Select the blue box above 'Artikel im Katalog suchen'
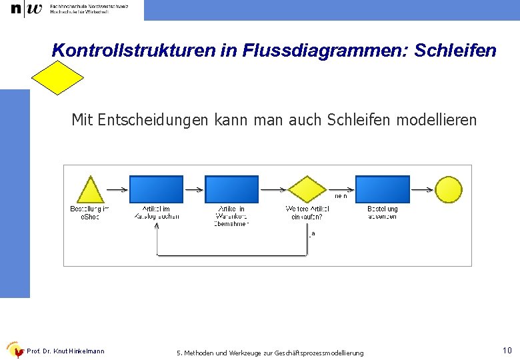point(156,189)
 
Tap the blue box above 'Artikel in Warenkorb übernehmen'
point(231,189)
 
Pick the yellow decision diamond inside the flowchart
point(307,189)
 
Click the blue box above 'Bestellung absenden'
point(382,189)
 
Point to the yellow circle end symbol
point(448,189)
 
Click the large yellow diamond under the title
point(59,78)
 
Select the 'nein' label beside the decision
point(341,197)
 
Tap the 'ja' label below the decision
point(312,233)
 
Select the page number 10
point(507,350)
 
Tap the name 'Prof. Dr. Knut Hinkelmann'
point(65,351)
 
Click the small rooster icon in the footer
point(15,351)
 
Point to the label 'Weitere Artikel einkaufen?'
point(307,213)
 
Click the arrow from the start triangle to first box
point(117,189)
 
